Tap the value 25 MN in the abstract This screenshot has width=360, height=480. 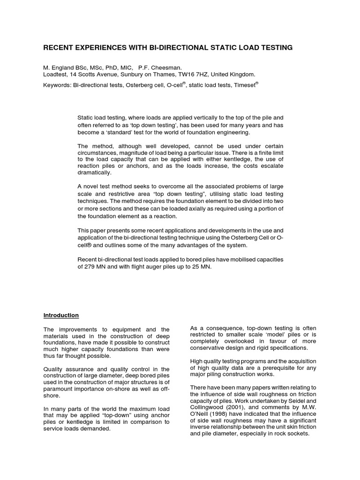[203, 267]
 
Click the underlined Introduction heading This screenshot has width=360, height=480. [61, 315]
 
